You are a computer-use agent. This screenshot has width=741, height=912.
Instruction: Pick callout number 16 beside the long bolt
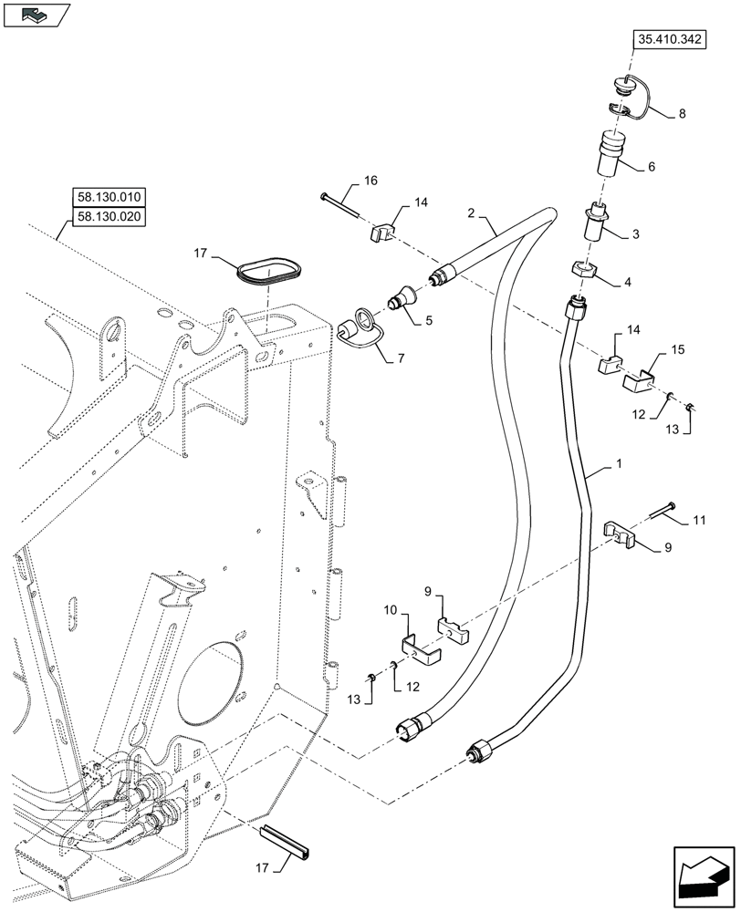(x=370, y=181)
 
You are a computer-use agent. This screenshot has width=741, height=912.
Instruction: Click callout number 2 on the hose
(x=471, y=213)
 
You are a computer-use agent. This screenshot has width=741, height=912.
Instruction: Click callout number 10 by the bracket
(x=390, y=608)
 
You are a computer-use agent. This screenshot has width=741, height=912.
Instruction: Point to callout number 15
(x=676, y=350)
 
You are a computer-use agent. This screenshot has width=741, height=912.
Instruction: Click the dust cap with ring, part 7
(x=352, y=327)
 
